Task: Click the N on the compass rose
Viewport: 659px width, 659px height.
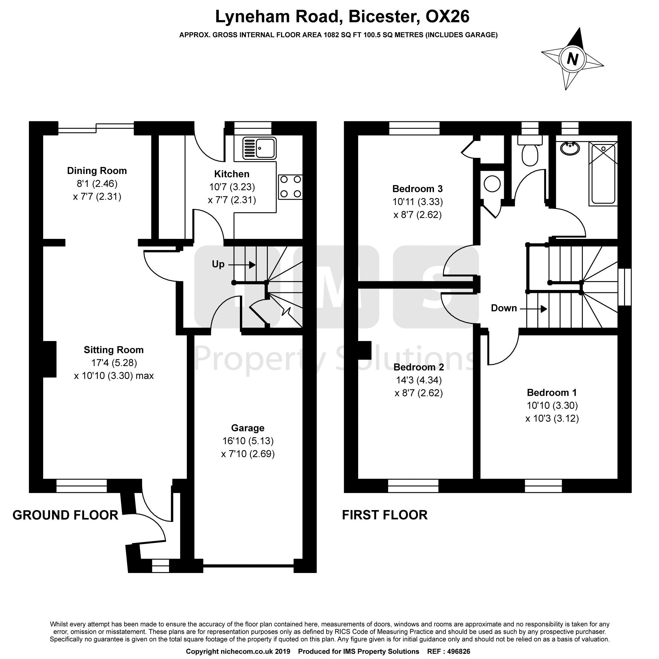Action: point(572,60)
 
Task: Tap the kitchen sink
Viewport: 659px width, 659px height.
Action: point(259,148)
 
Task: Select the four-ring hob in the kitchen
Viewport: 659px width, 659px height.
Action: point(291,186)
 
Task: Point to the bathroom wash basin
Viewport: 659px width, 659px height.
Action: point(570,148)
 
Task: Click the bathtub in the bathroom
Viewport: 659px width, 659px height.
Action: point(603,174)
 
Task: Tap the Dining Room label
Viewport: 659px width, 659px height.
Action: point(97,171)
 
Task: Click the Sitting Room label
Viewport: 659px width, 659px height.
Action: point(114,350)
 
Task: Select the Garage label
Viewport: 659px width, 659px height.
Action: point(248,428)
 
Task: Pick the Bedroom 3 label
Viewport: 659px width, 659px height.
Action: point(417,188)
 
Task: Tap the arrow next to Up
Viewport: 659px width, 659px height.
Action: point(242,265)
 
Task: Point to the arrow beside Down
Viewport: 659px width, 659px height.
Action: point(533,309)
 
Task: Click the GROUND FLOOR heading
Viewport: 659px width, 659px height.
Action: point(66,515)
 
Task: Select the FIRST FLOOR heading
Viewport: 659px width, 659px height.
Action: point(385,515)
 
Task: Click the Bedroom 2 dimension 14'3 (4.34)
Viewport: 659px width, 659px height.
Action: point(418,380)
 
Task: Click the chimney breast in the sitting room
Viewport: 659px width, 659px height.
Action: point(49,359)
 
